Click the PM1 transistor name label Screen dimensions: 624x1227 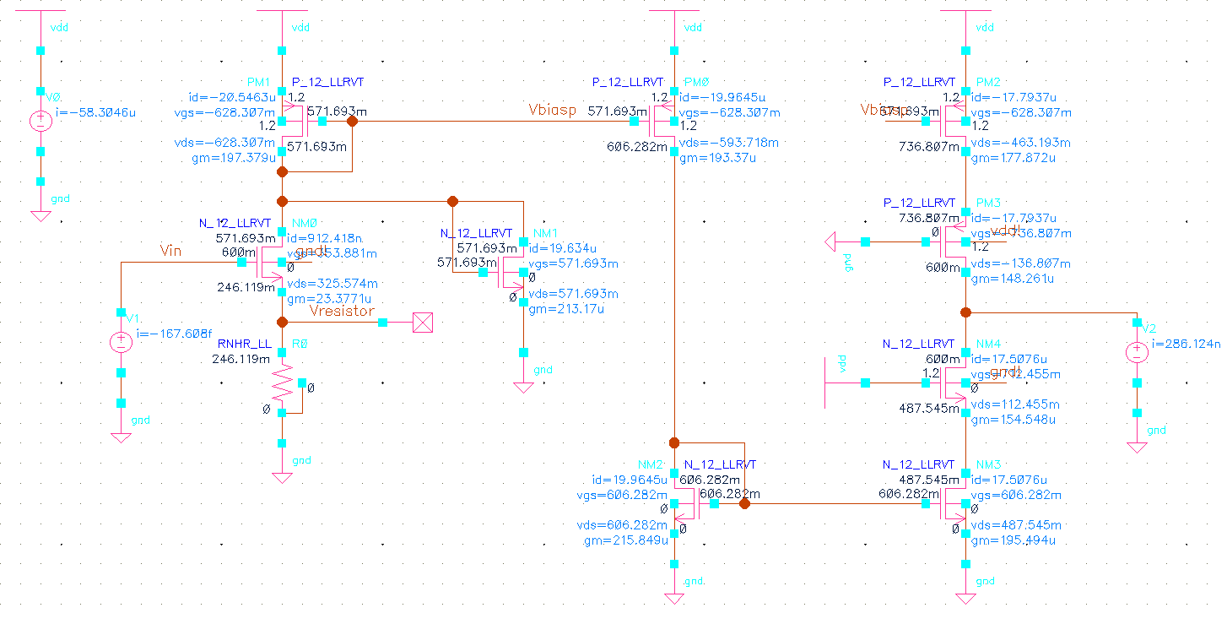tap(258, 82)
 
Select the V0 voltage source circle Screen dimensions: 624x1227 tap(40, 121)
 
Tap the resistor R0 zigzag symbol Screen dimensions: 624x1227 tap(282, 386)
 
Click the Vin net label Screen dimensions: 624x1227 tap(172, 250)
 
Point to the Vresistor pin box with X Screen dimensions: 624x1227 tap(422, 323)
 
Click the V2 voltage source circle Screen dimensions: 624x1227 tap(1137, 353)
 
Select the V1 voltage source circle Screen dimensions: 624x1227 tap(121, 343)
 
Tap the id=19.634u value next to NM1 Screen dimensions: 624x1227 tap(564, 248)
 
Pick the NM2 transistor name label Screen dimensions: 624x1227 tap(651, 464)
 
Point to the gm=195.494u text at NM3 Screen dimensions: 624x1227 tap(1013, 540)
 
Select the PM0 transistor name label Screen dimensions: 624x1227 tap(697, 82)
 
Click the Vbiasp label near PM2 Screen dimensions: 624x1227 tap(884, 110)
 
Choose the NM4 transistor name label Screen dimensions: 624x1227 tap(988, 345)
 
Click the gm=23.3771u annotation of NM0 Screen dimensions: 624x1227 tap(330, 298)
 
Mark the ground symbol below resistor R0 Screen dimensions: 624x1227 tap(282, 478)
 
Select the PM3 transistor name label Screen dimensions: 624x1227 tap(988, 203)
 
